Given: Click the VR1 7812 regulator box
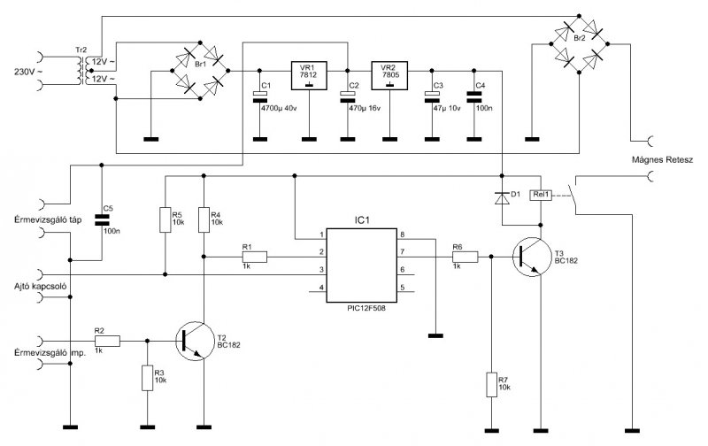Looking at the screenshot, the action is tap(309, 75).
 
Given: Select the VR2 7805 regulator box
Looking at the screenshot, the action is tap(389, 75).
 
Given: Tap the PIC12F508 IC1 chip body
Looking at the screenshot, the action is tap(362, 265).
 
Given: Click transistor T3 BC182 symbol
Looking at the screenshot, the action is tap(532, 257).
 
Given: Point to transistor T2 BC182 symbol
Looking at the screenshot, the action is tap(195, 341).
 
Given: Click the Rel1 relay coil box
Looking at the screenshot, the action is tap(541, 195).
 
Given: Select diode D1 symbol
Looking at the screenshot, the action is tap(502, 198).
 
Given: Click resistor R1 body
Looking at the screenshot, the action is tap(255, 257).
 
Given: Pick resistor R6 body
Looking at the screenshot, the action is tap(466, 257).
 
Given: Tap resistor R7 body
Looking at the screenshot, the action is tap(492, 385).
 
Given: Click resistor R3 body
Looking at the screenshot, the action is tap(147, 378).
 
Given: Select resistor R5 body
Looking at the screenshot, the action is tap(165, 219).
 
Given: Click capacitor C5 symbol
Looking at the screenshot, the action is tap(102, 220).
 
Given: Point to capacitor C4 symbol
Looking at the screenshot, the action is tap(473, 97).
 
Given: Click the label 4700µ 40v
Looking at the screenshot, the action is tap(279, 108).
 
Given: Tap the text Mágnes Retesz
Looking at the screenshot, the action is tap(662, 160).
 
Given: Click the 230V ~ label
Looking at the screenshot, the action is tap(29, 72).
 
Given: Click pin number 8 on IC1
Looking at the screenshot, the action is tap(403, 235).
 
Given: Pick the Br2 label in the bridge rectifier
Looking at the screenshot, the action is tap(580, 39).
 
